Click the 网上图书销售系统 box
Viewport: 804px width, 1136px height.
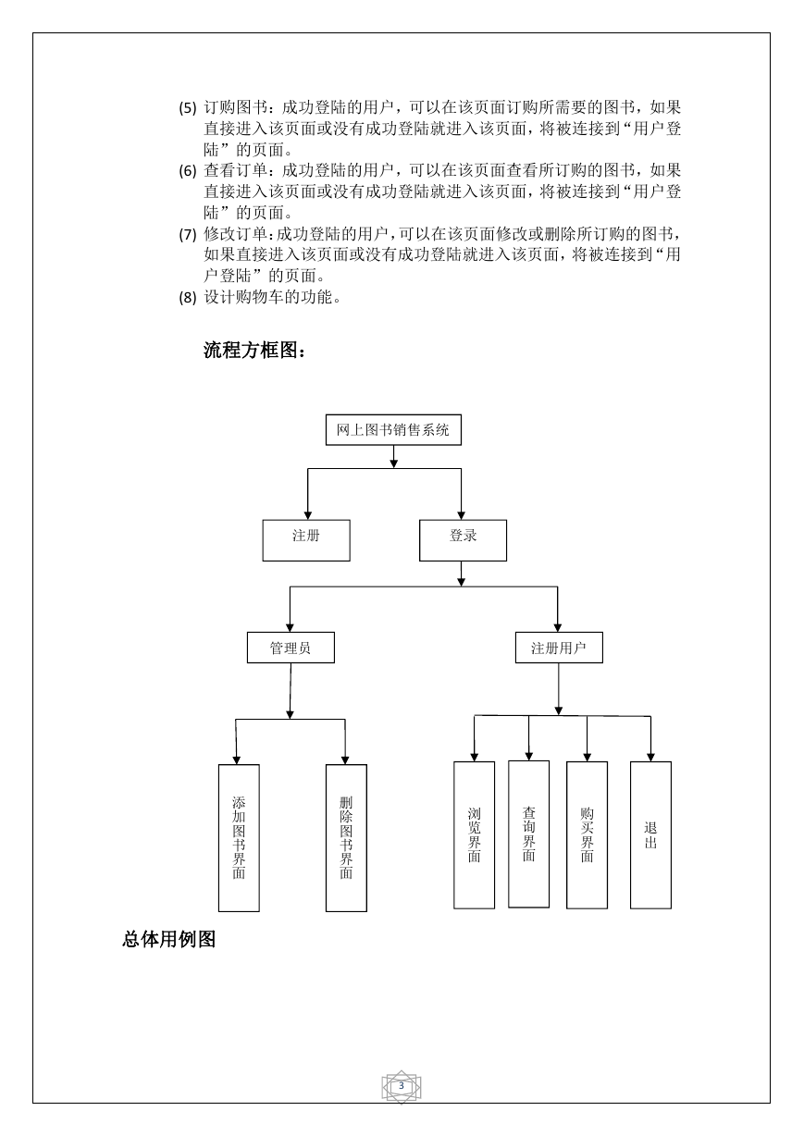[393, 429]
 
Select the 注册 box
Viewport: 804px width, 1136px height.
[306, 540]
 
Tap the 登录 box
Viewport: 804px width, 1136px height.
[463, 540]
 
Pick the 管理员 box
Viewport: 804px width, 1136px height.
[291, 648]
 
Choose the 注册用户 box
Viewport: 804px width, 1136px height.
[559, 648]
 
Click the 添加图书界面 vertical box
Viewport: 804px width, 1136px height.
[239, 838]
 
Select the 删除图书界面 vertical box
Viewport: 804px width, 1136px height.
[346, 838]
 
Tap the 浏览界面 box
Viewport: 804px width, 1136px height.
[474, 834]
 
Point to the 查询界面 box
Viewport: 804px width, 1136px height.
[528, 833]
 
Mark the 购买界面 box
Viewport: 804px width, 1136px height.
[587, 834]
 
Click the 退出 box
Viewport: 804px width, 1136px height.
[650, 834]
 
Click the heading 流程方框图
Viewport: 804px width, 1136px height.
[254, 350]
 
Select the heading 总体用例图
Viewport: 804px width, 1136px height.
[169, 939]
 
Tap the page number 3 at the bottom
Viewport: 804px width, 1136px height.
[402, 1085]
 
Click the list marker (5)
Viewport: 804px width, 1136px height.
[188, 108]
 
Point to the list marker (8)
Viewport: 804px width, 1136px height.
[188, 297]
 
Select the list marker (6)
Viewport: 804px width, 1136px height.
[188, 171]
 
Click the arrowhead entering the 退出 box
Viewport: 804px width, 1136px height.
[650, 757]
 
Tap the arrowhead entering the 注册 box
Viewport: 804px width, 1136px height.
[307, 515]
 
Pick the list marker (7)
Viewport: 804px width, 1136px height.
[188, 234]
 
